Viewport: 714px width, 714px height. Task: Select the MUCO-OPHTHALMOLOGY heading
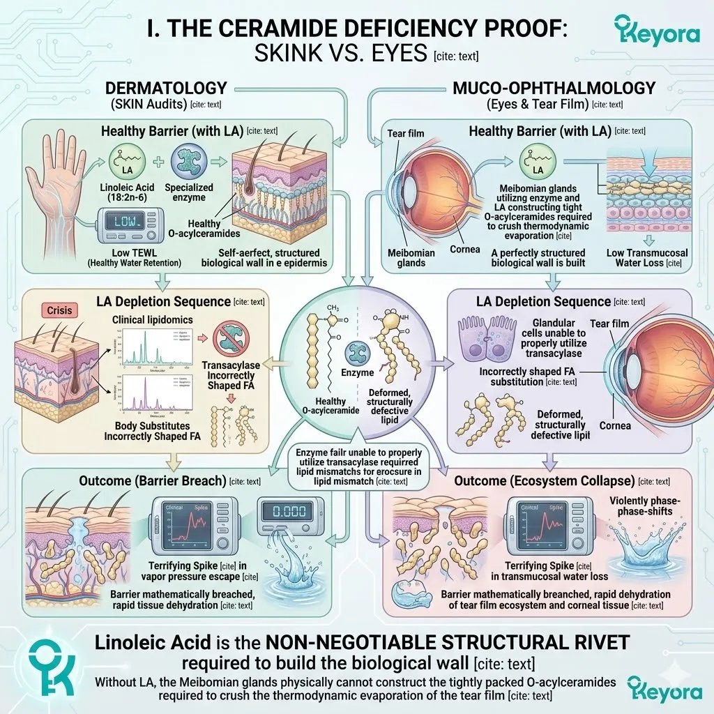tap(554, 88)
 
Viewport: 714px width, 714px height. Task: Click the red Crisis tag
tap(59, 309)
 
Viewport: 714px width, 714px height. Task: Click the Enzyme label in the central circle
tap(357, 373)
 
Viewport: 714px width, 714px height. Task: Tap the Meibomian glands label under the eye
tap(410, 257)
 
